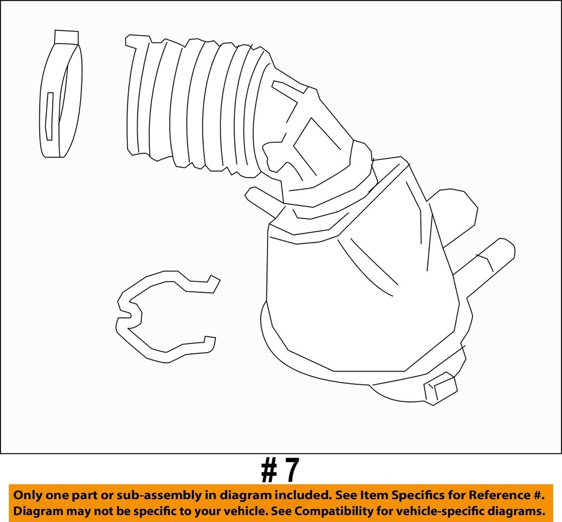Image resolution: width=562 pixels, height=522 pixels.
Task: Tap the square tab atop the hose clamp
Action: pos(66,37)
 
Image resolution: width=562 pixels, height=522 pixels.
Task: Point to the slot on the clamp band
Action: pos(49,116)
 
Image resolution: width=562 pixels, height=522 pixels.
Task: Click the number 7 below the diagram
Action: pos(291,470)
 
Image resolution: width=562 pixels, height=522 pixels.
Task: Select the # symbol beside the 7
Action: pos(269,470)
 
